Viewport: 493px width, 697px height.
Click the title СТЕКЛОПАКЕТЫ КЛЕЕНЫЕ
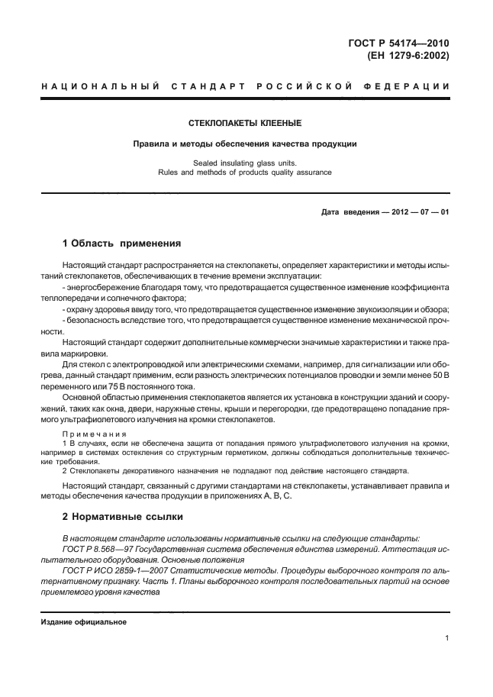(x=245, y=122)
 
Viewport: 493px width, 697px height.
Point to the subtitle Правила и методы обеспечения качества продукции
(x=245, y=143)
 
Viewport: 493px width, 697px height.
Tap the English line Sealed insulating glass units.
(x=245, y=163)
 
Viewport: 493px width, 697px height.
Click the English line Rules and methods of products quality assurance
(x=245, y=173)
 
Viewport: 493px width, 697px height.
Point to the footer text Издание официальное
(x=83, y=621)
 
